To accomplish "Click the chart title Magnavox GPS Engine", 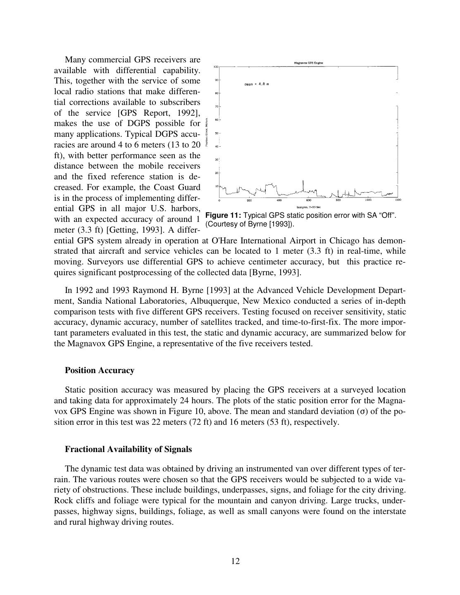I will pyautogui.click(x=308, y=63).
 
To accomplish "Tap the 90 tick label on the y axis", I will pyautogui.click(x=216, y=80).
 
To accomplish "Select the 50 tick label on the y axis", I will pyautogui.click(x=216, y=133).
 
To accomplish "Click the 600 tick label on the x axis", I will pyautogui.click(x=308, y=200).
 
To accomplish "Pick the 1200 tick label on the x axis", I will pyautogui.click(x=398, y=200).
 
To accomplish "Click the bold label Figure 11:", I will pyautogui.click(x=223, y=216).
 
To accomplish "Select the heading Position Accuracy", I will pyautogui.click(x=99, y=370).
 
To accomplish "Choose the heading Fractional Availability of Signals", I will pyautogui.click(x=128, y=449).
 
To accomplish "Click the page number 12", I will pyautogui.click(x=235, y=561).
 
